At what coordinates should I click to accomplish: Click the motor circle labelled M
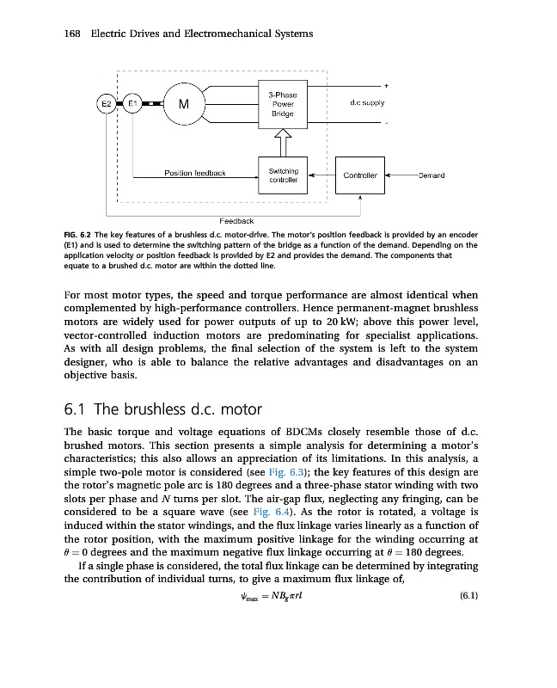[182, 105]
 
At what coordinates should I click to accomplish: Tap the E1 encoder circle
[132, 104]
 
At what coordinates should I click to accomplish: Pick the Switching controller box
[283, 175]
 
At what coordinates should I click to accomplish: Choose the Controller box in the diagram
[360, 175]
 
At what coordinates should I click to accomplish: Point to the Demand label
[431, 175]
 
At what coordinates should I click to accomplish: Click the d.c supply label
[367, 103]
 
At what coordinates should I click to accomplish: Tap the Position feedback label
[195, 173]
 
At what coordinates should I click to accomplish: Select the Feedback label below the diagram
[236, 221]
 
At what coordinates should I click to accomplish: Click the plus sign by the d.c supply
[386, 85]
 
